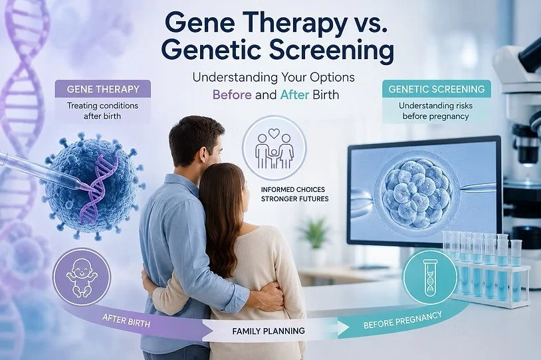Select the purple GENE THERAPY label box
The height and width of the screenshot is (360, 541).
tap(103, 89)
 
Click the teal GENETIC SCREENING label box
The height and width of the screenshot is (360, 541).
tap(437, 89)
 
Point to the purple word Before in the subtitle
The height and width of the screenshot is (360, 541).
tap(232, 94)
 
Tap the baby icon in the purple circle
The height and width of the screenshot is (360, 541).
tap(82, 278)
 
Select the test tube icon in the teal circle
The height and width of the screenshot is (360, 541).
tap(430, 278)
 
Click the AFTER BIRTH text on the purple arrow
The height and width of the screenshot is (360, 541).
tap(126, 321)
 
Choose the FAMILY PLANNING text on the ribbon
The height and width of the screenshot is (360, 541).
tap(269, 331)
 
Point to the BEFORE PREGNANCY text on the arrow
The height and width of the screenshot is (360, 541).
tap(402, 320)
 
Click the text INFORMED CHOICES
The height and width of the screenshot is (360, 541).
tap(293, 189)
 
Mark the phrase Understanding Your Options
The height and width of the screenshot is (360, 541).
tap(274, 77)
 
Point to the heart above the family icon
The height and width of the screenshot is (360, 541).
tap(274, 133)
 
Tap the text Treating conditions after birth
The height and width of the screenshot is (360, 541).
tap(102, 111)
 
